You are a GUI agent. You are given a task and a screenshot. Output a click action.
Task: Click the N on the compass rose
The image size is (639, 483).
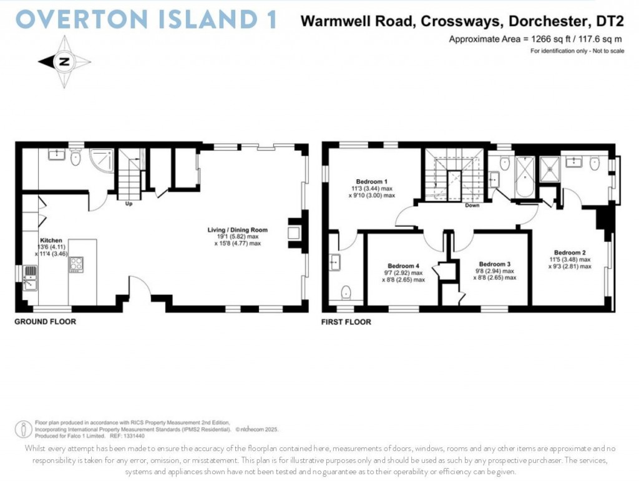(64, 61)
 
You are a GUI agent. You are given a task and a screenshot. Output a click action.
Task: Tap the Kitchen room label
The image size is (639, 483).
(51, 240)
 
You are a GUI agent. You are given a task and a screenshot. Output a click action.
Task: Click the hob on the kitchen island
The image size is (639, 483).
(77, 265)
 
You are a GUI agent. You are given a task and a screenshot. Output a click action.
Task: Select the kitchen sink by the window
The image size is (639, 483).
(29, 277)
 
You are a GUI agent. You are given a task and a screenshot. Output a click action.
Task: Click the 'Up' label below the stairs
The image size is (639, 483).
(129, 204)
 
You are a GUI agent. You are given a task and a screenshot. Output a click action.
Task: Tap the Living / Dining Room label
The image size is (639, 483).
(237, 230)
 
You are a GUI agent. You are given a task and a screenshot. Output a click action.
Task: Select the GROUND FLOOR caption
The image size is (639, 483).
(46, 322)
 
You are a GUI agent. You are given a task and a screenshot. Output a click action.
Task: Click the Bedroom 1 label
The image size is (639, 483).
(371, 181)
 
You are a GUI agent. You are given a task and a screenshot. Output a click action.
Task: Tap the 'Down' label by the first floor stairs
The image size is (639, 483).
(472, 205)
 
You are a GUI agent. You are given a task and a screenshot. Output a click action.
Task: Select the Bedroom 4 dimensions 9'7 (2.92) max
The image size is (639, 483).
(404, 272)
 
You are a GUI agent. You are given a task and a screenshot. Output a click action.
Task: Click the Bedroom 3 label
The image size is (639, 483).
(495, 264)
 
